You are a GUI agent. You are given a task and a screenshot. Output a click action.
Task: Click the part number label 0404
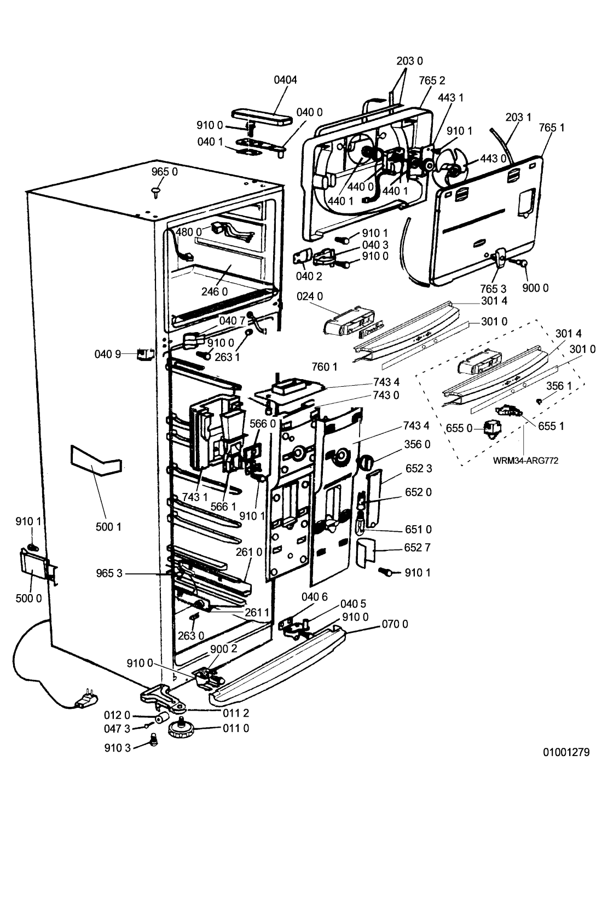[285, 80]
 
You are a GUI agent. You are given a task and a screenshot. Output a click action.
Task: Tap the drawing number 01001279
[566, 752]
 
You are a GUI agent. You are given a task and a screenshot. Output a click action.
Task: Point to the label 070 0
[395, 624]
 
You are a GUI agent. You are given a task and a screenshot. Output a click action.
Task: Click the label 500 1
[108, 527]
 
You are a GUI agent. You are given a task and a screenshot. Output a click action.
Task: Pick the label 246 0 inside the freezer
[214, 292]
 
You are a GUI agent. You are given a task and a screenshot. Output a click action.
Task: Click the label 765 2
[432, 81]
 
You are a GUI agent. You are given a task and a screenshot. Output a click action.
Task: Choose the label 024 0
[310, 297]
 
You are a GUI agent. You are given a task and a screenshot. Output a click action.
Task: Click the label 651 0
[418, 529]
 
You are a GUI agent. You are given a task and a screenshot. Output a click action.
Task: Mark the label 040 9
[108, 354]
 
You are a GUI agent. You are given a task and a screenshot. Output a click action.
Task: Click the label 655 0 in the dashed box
[459, 428]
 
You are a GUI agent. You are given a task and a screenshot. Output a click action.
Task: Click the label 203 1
[518, 117]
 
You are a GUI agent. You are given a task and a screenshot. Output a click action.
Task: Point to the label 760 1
[325, 367]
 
